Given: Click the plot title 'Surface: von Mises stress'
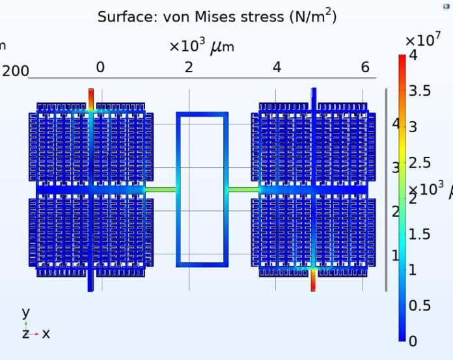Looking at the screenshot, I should (217, 17).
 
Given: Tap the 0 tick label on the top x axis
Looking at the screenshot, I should (100, 68).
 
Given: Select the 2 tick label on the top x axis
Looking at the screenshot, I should (189, 68).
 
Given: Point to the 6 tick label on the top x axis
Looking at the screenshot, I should (365, 68).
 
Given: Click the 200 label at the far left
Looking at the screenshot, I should (15, 71).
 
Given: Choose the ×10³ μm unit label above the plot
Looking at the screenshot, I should (201, 48).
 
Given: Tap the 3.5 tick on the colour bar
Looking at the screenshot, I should (419, 91).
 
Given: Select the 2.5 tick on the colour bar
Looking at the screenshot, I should (419, 163).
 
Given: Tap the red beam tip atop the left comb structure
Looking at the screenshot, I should (91, 94).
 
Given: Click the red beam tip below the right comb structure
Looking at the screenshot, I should (313, 281).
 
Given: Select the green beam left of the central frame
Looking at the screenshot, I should (160, 189).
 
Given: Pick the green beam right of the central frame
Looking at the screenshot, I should (243, 189).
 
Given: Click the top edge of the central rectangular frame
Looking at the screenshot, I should (202, 115).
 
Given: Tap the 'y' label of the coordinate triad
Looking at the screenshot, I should (26, 312).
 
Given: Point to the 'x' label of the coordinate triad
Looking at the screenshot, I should (46, 333).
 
